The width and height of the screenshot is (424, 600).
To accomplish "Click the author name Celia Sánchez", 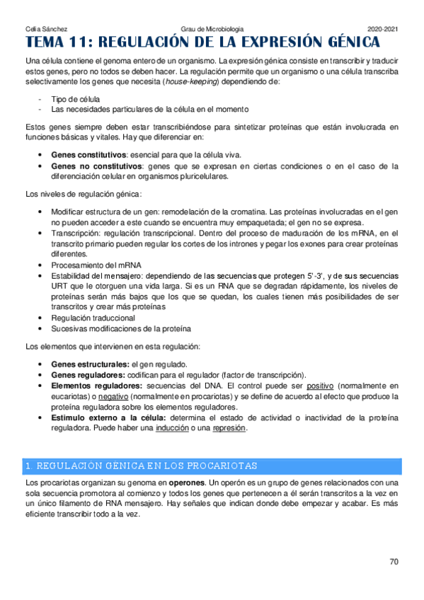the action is coord(46,29).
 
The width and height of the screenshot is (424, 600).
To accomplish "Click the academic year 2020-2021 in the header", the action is coord(382,29).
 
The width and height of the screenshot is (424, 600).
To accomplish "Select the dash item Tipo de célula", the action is coord(75,100).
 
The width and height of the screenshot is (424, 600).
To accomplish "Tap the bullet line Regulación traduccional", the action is coord(93,318).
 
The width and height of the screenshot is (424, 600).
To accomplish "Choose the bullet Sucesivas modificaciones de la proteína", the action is coord(121,329).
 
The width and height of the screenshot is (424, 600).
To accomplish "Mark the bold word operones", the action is coord(185,483).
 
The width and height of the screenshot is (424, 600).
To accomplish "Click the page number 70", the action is coord(394,562).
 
